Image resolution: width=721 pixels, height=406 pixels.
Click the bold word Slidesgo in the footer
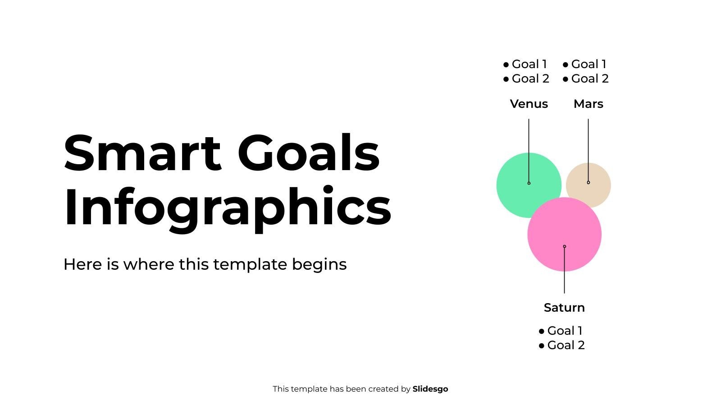click(x=430, y=389)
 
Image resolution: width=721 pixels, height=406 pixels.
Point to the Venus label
click(x=529, y=104)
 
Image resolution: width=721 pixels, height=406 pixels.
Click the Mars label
click(x=588, y=104)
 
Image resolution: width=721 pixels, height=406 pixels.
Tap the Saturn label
click(x=564, y=308)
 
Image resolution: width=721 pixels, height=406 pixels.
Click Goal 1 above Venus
click(x=529, y=64)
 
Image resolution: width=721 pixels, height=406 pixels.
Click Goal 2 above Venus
click(x=530, y=78)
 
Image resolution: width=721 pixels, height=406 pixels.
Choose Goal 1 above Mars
click(x=589, y=64)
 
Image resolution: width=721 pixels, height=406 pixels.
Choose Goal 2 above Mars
click(x=590, y=78)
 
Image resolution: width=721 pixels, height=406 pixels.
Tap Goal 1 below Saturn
click(x=565, y=331)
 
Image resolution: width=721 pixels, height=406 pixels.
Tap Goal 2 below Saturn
click(x=566, y=345)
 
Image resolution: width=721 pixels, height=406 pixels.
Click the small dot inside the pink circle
click(x=564, y=246)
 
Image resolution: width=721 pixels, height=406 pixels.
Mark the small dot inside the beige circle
click(x=588, y=182)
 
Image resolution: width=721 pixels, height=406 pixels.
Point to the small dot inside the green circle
click(x=529, y=183)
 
